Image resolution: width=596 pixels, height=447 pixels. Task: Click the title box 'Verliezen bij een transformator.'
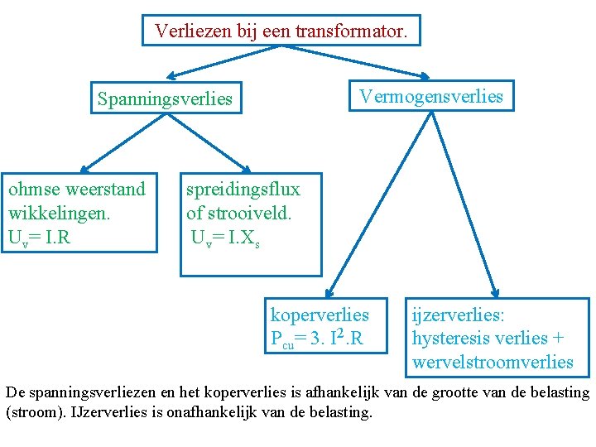point(281,32)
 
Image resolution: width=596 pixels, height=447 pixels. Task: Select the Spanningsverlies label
point(165,99)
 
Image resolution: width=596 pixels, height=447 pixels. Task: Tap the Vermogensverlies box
point(430,96)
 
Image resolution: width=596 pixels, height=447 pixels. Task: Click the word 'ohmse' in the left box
point(34,190)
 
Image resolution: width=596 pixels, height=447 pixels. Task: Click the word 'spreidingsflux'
point(243,190)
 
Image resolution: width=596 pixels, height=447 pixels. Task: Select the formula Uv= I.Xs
point(225,238)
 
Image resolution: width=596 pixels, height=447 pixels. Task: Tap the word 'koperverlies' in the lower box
point(320,315)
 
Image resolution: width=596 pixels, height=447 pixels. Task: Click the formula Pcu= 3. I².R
point(317,339)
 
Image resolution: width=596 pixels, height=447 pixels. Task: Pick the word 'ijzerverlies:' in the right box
point(459,315)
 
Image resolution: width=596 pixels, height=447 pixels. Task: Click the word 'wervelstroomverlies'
point(493,362)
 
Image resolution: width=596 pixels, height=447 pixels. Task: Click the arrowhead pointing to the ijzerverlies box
point(494,291)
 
